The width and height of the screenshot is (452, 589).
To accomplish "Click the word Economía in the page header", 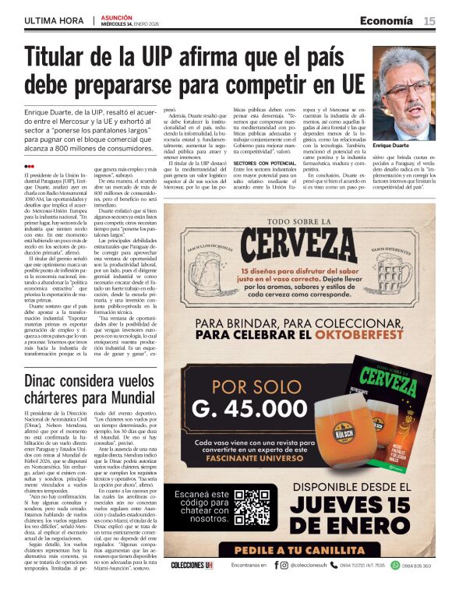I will point(386,20).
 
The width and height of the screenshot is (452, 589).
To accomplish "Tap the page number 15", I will point(429,20).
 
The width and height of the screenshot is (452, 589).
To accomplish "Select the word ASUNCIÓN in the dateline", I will point(117,16).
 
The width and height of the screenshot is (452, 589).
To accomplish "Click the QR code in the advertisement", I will point(252,509).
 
